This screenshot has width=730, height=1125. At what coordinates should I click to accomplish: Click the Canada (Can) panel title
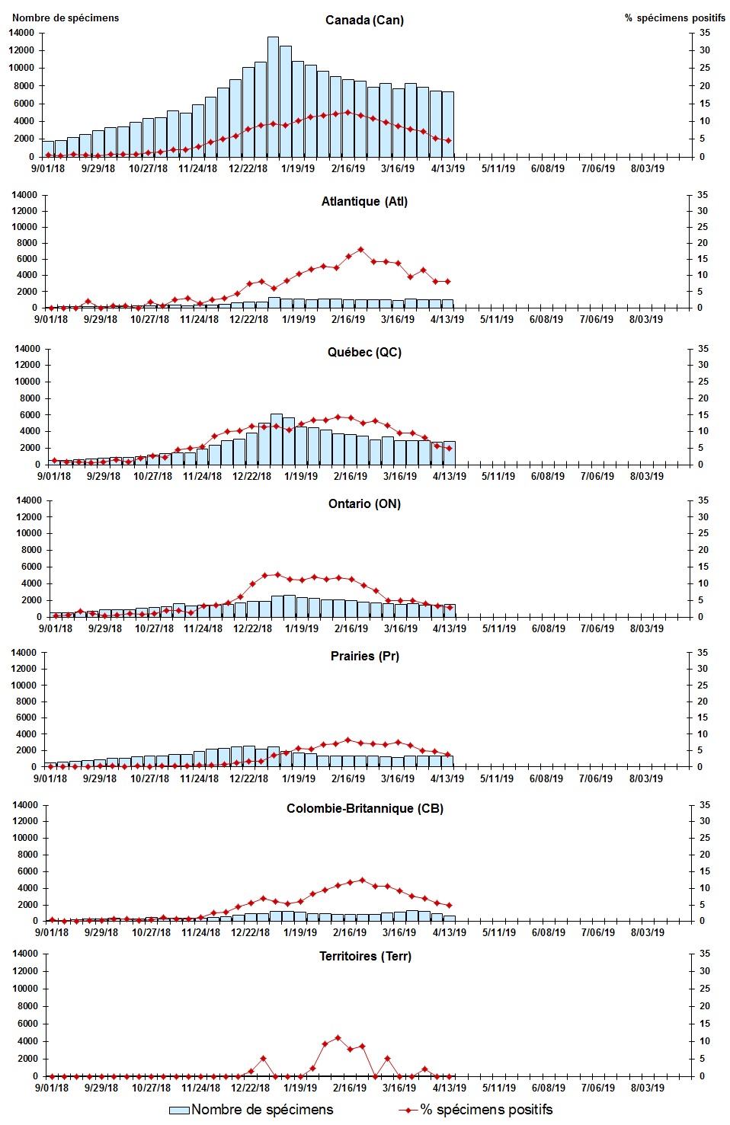pos(364,20)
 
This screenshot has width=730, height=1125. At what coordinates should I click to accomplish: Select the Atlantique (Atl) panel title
pos(364,201)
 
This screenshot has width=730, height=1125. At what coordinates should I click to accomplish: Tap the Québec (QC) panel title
pos(364,352)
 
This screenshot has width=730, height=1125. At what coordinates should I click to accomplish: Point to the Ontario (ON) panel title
pos(364,503)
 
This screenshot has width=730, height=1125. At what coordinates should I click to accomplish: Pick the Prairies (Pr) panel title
pos(364,656)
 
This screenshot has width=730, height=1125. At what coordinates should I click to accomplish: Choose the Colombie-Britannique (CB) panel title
pos(364,808)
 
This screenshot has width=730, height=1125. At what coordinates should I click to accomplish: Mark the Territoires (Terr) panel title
pos(364,956)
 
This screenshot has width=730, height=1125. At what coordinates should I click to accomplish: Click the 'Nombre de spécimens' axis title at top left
pos(66,18)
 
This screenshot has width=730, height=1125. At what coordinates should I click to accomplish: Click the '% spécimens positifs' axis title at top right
pos(674,18)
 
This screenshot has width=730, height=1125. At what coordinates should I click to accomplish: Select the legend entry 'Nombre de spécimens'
pos(251,1110)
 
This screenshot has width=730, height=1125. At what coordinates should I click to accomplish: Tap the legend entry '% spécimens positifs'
pos(476,1110)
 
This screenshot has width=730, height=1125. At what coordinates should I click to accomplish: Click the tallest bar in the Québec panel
pos(276,439)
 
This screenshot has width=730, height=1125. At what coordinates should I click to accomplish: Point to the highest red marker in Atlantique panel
pos(361,249)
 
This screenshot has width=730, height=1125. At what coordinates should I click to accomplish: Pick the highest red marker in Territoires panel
pos(338,1037)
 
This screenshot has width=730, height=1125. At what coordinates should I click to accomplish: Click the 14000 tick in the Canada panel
pos(22,33)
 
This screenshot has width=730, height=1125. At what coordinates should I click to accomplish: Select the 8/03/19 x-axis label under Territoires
pos(647,1088)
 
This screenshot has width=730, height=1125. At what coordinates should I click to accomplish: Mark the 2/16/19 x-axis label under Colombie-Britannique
pos(350,932)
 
